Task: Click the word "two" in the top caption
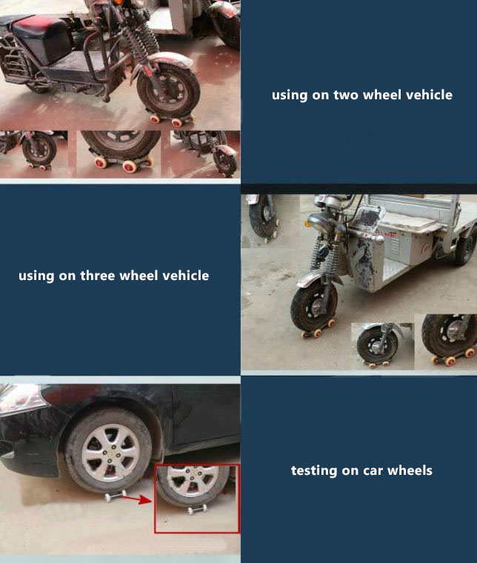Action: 347,95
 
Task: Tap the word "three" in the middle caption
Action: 98,276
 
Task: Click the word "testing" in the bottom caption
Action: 314,470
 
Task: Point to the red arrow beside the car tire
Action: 136,499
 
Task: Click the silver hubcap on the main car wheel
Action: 110,453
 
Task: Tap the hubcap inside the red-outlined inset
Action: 192,480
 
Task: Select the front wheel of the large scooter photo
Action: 169,92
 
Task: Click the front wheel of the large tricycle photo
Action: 314,306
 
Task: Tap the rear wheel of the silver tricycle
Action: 467,245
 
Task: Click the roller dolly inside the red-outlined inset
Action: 198,509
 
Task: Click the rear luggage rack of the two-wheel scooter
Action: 11,59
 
